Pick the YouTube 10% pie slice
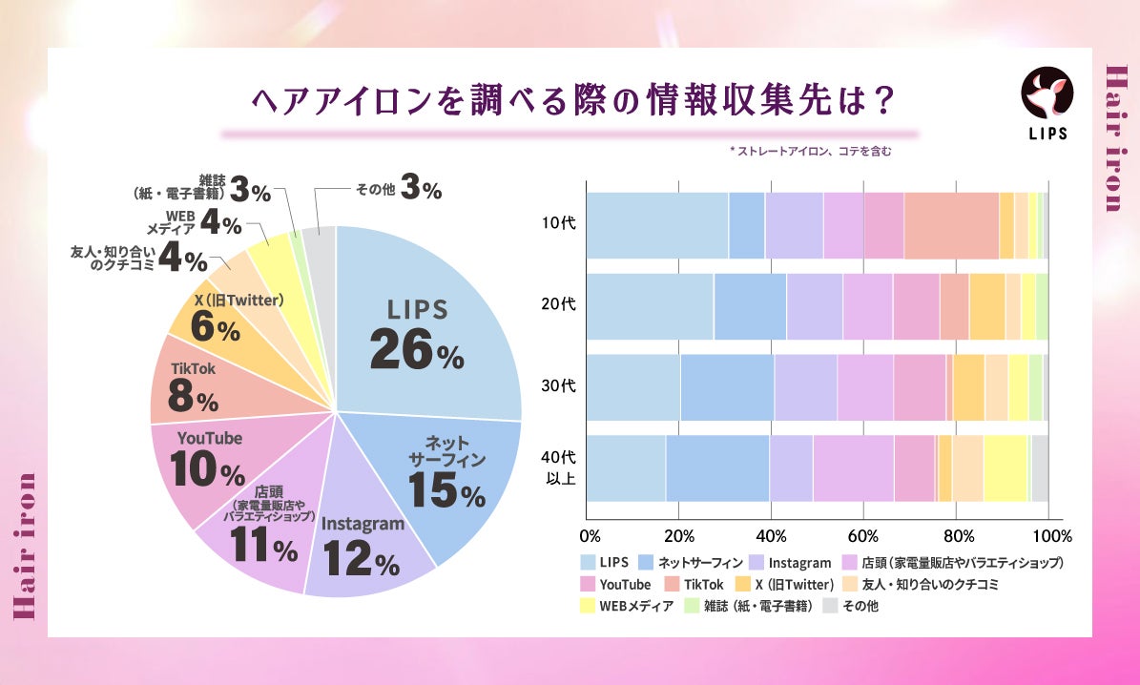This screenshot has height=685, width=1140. tap(206, 462)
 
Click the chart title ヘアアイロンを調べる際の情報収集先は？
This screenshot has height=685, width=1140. tap(570, 100)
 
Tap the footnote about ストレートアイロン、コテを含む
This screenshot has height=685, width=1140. tap(809, 151)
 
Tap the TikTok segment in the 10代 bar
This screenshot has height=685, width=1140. tap(951, 224)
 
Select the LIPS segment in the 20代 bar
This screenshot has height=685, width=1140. tap(650, 305)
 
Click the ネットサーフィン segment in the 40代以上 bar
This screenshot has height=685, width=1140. tap(717, 468)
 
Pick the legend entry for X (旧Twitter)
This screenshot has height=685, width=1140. tap(788, 584)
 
